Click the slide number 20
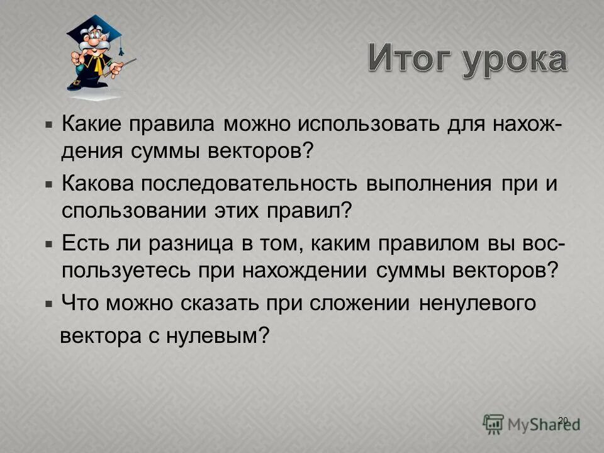(x=563, y=420)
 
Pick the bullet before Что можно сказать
(x=49, y=303)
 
